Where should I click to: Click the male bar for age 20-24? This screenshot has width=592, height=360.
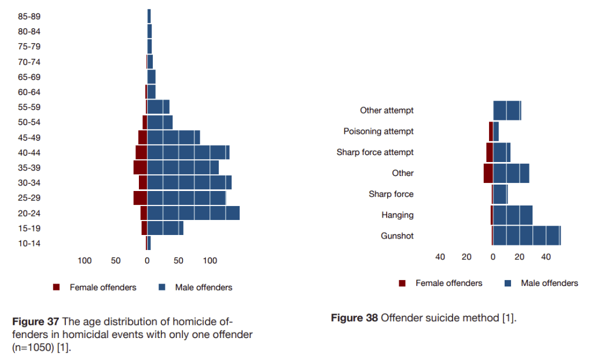pyautogui.click(x=193, y=213)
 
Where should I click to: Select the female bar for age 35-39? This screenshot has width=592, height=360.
pyautogui.click(x=140, y=167)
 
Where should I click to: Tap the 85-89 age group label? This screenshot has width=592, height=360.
pyautogui.click(x=29, y=17)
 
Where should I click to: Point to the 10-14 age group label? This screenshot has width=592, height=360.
pyautogui.click(x=29, y=244)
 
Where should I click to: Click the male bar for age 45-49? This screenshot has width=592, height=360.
pyautogui.click(x=174, y=137)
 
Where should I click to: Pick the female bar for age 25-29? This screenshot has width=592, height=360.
pyautogui.click(x=140, y=198)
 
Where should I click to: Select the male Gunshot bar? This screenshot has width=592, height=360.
pyautogui.click(x=527, y=236)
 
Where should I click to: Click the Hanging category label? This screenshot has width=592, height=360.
pyautogui.click(x=398, y=215)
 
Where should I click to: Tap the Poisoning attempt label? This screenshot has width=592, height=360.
pyautogui.click(x=378, y=131)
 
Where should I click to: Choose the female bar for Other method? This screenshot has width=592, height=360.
pyautogui.click(x=488, y=173)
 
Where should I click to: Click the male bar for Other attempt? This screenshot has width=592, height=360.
pyautogui.click(x=507, y=110)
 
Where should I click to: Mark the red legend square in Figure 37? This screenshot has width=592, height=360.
pyautogui.click(x=57, y=287)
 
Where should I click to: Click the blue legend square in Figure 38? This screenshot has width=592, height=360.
pyautogui.click(x=508, y=283)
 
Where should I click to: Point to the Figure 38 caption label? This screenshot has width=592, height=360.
pyautogui.click(x=354, y=318)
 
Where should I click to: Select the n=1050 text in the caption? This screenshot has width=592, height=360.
pyautogui.click(x=33, y=347)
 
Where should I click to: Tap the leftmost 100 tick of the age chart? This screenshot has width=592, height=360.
pyautogui.click(x=84, y=261)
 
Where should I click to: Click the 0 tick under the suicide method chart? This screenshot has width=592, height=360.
pyautogui.click(x=493, y=256)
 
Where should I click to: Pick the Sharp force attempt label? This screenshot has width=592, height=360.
pyautogui.click(x=375, y=152)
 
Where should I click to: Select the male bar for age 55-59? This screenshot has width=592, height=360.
pyautogui.click(x=158, y=107)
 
